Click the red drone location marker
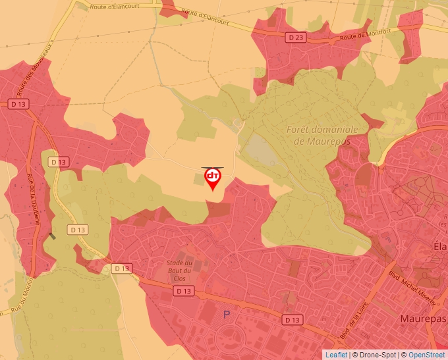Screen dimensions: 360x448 [213, 178]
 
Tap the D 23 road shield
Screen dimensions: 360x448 [296, 38]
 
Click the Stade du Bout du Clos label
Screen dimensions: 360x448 [179, 270]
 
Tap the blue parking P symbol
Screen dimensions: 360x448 [227, 315]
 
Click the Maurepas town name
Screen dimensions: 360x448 [423, 319]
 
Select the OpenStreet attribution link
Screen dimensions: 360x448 [426, 355]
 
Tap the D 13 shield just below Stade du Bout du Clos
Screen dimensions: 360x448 [184, 290]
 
